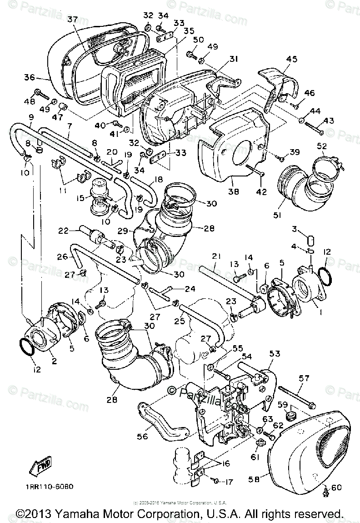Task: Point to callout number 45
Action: (x=291, y=59)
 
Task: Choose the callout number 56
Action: (x=143, y=436)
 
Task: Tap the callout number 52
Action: (x=322, y=146)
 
